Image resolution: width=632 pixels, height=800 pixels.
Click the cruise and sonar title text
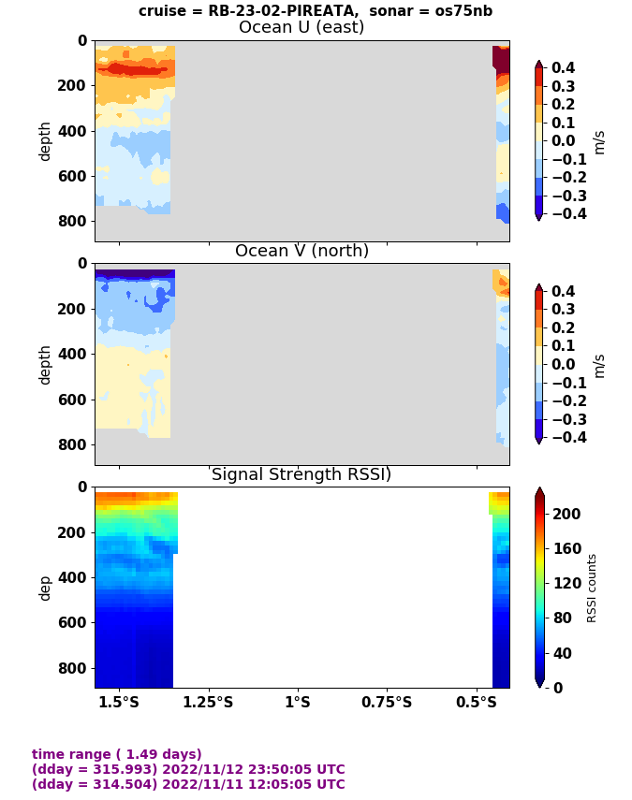(316, 11)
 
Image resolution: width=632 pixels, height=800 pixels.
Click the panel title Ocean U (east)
(301, 27)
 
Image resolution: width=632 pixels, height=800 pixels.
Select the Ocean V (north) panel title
(301, 251)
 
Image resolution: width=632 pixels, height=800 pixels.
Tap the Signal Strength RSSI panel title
(301, 474)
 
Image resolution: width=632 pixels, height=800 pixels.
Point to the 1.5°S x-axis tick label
(119, 702)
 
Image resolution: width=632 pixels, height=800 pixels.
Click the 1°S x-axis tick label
(298, 702)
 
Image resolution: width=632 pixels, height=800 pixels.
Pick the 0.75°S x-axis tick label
(387, 702)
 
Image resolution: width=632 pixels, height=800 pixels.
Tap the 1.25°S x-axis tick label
(208, 702)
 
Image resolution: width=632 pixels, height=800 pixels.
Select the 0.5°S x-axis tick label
(477, 702)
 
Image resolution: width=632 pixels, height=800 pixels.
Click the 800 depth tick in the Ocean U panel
(75, 221)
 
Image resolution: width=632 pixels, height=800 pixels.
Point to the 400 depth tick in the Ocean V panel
(75, 354)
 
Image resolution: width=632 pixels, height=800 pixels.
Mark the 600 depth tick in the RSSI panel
(75, 622)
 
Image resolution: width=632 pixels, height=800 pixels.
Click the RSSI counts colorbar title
(592, 588)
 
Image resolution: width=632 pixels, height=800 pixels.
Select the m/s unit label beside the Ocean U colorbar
(600, 141)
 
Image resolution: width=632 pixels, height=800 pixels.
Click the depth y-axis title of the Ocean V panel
(45, 364)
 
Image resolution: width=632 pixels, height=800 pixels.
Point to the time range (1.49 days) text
(117, 754)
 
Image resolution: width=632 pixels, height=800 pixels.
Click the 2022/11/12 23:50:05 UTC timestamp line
(188, 769)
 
